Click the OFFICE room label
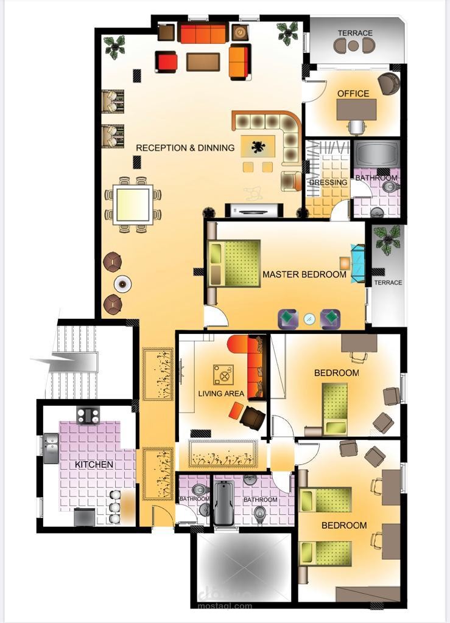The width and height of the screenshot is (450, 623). pos(353,93)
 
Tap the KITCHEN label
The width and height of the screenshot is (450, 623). pos(94,464)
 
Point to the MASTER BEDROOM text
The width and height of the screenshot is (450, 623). pos(304,274)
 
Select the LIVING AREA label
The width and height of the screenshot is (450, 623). pos(221,394)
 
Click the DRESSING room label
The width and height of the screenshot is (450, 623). pos(328,183)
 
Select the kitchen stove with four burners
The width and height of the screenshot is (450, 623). pos(88,416)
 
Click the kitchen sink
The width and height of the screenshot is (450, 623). pos(51,448)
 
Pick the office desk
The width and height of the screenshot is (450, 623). pos(356,110)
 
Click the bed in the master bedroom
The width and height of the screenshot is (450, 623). pos(234,263)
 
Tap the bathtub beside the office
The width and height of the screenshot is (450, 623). pos(376,154)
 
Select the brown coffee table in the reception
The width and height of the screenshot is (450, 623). pos(203,61)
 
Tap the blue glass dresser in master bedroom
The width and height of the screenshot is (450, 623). pos(357,263)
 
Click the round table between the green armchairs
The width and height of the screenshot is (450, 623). pos(309,318)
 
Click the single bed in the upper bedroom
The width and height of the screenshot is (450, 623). pos(335,408)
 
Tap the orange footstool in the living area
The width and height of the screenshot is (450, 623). pos(236,410)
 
